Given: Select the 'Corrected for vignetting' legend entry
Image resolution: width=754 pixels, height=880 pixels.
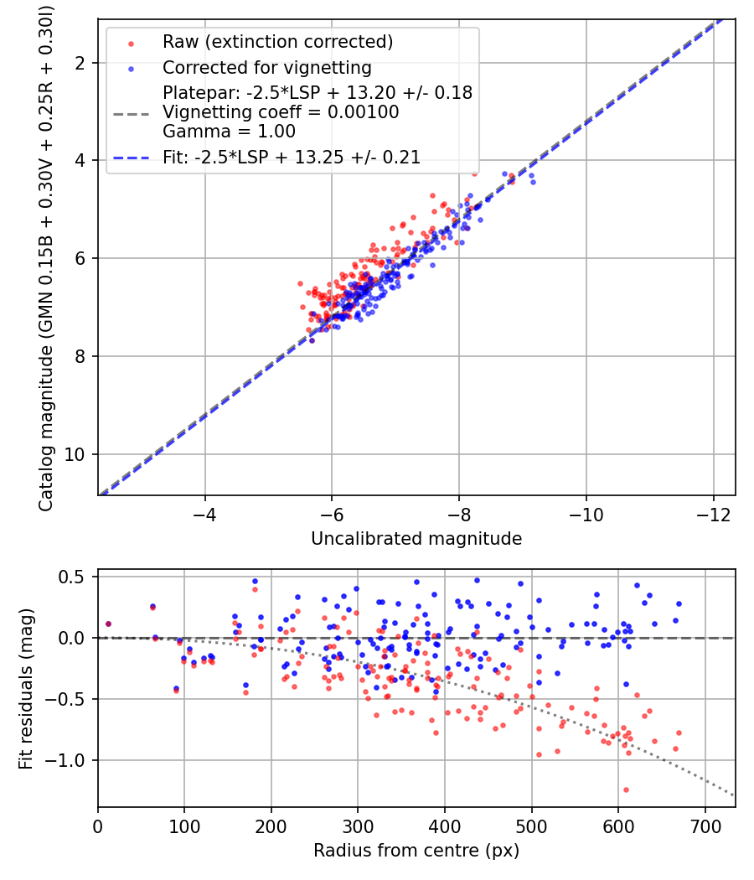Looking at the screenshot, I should tap(266, 67).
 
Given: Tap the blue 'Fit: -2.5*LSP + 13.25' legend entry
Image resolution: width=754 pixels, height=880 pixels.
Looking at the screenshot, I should tap(291, 157).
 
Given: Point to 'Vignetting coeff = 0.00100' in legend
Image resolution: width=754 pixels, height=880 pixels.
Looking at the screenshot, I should tap(281, 111).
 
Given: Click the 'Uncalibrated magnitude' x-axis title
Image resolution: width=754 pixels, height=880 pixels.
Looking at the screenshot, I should tap(416, 539).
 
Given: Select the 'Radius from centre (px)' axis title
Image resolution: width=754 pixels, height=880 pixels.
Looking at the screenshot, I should tap(416, 851).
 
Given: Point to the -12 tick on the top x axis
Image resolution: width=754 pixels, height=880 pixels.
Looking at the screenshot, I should tap(714, 513).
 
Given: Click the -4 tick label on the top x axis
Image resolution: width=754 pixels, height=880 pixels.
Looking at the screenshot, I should tap(205, 513).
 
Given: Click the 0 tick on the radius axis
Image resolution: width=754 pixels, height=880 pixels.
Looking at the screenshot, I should tap(98, 825).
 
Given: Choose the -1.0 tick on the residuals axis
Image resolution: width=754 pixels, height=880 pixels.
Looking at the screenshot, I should tap(71, 760).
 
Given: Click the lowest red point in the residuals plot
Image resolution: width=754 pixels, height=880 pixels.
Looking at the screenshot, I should tap(626, 789).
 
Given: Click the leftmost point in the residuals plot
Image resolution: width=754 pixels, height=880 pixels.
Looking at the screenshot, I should tap(108, 624).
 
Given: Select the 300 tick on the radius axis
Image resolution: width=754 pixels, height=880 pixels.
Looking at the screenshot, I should tap(358, 825).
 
